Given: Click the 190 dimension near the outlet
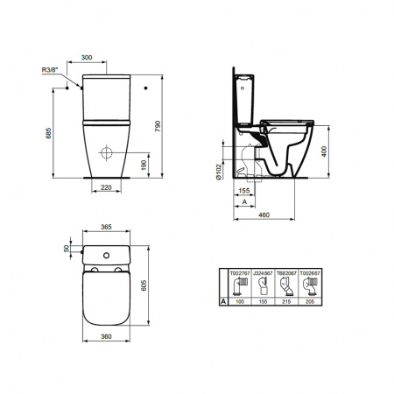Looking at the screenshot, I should (x=144, y=165).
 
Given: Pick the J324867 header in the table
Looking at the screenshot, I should (x=262, y=273).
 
